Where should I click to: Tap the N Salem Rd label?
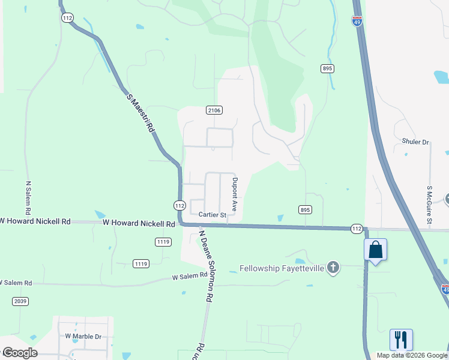click(28, 198)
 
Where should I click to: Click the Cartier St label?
click(212, 215)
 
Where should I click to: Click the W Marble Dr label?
click(83, 337)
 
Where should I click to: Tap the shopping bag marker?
click(375, 250)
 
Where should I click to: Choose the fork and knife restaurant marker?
click(400, 339)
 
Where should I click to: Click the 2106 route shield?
click(214, 110)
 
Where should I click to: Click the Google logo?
click(19, 353)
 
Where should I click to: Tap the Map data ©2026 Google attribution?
click(411, 355)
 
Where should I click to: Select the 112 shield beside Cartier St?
click(179, 205)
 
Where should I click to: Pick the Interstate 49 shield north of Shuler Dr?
click(357, 22)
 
